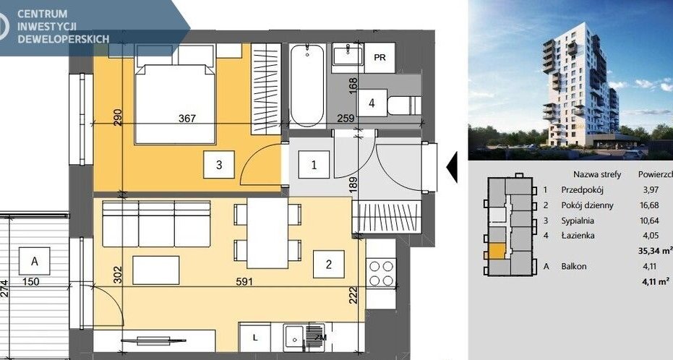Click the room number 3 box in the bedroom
pos(219,164)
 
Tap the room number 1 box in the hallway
pos(314,164)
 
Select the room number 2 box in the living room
pos(329,265)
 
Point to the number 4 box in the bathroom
pos(372,103)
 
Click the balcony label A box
pos(35,261)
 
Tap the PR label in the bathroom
pos(380,58)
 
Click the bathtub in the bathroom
pos(307,85)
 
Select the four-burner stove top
pos(381,273)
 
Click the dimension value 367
pos(187,119)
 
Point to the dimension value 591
pos(244,282)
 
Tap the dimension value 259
pos(346,118)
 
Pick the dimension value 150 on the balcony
pos(31,282)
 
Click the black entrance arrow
pos(452,167)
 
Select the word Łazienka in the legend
pos(578,235)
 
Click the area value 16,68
pos(649,205)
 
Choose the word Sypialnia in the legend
pos(578,220)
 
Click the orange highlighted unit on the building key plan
pos(497,251)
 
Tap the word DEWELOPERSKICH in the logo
pos(63,39)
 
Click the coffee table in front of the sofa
pos(156,270)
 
